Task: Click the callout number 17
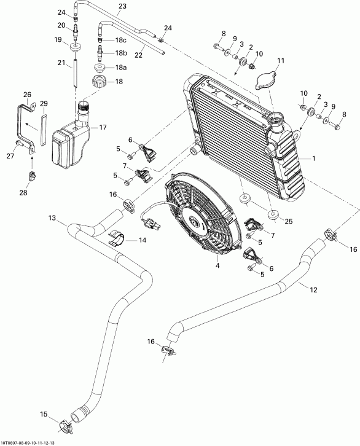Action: coord(103,127)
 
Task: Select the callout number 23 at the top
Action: coord(122,6)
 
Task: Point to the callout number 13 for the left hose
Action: coord(52,218)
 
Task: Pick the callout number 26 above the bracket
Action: coord(26,95)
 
